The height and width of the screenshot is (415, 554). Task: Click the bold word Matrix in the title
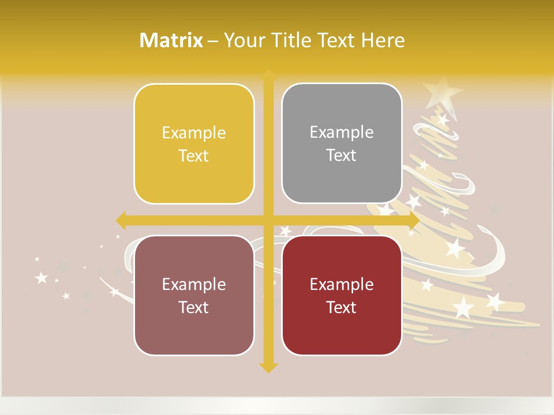tap(171, 40)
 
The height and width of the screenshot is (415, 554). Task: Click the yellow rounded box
tap(194, 144)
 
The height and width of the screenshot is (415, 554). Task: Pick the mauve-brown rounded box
tap(194, 295)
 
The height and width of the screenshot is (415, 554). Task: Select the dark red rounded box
tap(342, 295)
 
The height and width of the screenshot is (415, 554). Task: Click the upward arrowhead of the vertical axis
tap(268, 75)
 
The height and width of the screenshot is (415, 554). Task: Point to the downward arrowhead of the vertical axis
tap(268, 367)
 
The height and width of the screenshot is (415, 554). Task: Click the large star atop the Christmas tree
tap(441, 91)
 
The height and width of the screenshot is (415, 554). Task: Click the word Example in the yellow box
tap(194, 133)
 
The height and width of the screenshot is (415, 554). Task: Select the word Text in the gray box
tap(342, 156)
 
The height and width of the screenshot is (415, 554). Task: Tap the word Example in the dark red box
tap(342, 284)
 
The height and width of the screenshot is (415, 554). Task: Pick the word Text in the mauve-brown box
tap(194, 307)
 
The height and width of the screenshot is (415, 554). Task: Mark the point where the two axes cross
tap(268, 220)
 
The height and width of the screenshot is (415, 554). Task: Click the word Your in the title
tap(241, 40)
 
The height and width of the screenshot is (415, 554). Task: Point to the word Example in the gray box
tap(342, 133)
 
